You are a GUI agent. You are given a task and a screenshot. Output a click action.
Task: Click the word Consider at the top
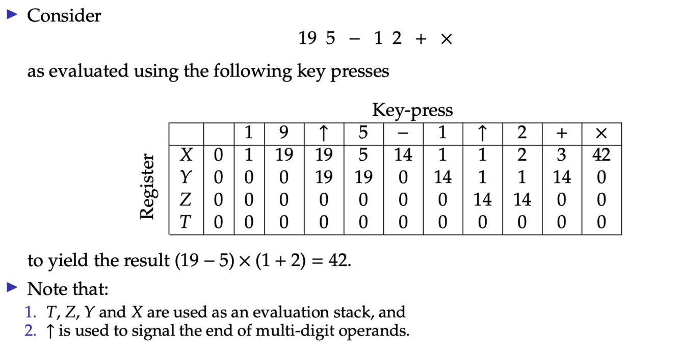64,16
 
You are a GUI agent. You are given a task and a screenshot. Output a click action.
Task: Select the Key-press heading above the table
412,110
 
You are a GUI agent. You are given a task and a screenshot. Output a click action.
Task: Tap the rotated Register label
147,186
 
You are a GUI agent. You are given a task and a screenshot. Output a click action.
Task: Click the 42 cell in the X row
601,154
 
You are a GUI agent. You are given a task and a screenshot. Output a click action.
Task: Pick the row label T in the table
186,222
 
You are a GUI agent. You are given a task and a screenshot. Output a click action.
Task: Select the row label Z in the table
186,200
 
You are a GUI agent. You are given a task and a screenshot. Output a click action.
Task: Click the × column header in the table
601,133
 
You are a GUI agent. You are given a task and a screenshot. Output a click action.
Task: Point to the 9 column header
284,133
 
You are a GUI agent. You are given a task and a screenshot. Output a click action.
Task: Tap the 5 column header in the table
363,133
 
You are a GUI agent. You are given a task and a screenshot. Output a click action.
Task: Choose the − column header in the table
403,133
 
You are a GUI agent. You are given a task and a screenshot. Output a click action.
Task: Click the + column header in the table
562,133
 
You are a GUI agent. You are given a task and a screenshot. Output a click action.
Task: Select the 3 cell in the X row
562,154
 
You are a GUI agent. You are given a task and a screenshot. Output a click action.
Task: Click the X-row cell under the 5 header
363,154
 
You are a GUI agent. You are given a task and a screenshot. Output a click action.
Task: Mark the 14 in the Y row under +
562,177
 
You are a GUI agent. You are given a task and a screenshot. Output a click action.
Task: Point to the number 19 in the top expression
308,39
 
